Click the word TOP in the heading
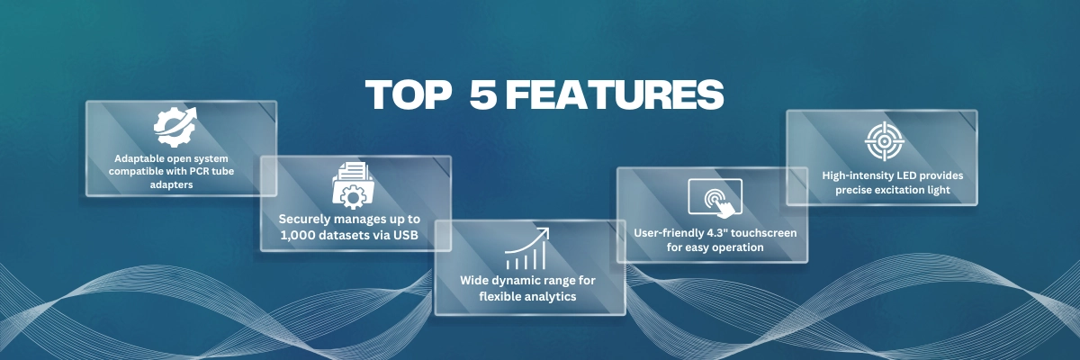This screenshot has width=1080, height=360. click(x=408, y=94)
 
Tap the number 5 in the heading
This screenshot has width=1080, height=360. click(x=482, y=94)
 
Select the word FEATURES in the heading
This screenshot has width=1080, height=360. click(x=614, y=94)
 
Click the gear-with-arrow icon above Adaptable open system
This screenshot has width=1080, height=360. click(x=175, y=127)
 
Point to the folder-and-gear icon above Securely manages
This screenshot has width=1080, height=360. click(x=354, y=185)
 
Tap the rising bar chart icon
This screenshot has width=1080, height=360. click(x=527, y=248)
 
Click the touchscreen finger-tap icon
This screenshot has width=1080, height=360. click(x=715, y=197)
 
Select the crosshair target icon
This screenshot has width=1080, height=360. click(x=884, y=141)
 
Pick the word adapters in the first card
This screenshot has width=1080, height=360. click(x=171, y=184)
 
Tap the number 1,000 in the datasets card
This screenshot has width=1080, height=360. click(x=298, y=235)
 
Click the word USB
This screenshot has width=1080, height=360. click(x=406, y=235)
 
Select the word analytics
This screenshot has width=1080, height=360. click(x=547, y=296)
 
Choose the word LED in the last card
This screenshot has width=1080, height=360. click(x=907, y=175)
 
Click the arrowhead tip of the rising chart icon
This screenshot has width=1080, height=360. click(x=549, y=229)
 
